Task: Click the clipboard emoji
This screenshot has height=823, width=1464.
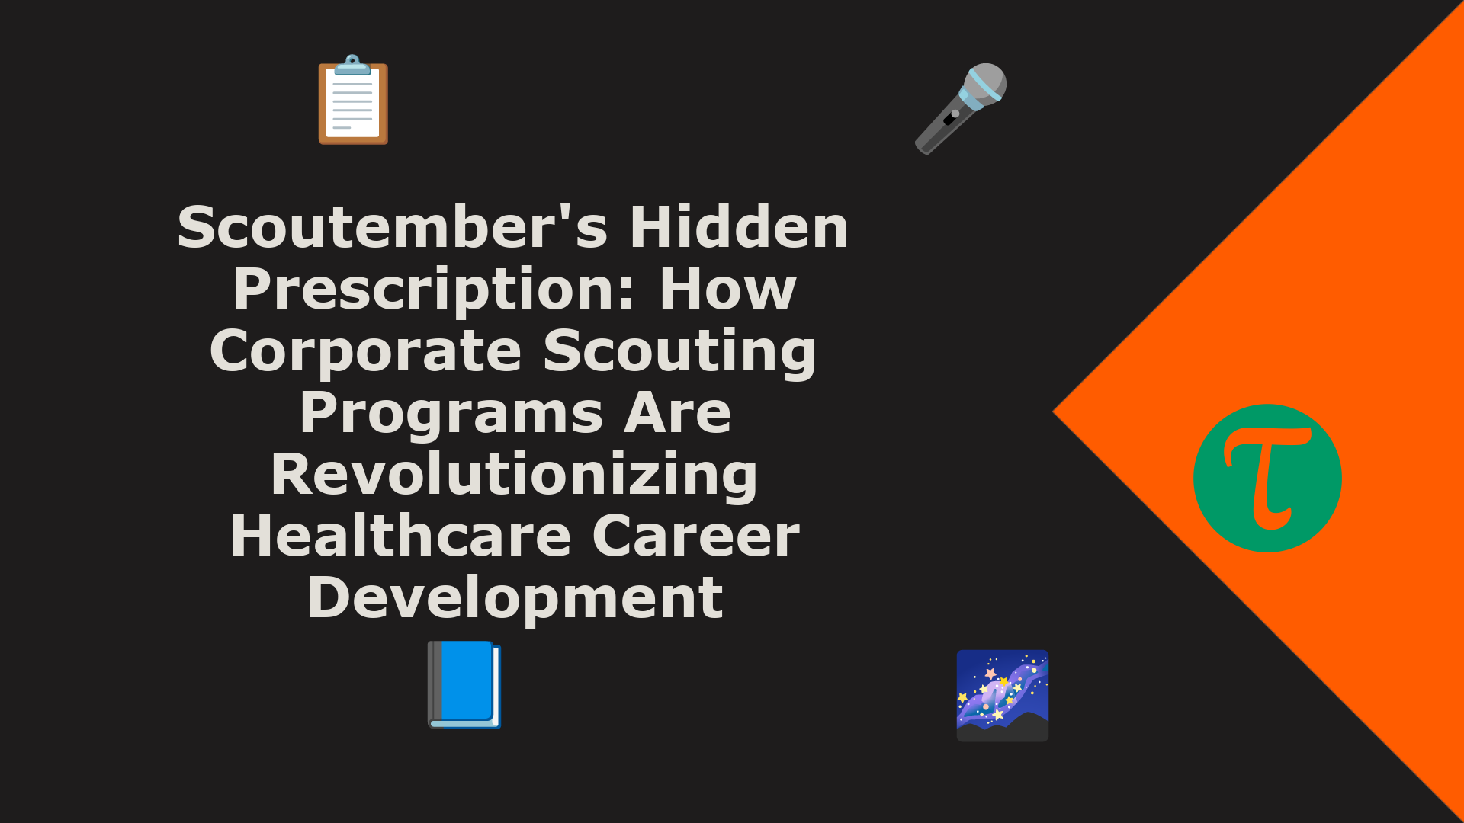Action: click(x=353, y=99)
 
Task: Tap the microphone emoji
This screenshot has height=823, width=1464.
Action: click(x=961, y=108)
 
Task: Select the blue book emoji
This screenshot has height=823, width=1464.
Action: click(x=464, y=684)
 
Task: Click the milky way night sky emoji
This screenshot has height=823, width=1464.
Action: click(x=1003, y=695)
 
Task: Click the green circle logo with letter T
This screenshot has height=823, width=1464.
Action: click(x=1267, y=478)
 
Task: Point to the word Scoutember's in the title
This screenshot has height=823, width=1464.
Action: click(x=393, y=227)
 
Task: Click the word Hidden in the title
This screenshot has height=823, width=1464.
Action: click(x=739, y=227)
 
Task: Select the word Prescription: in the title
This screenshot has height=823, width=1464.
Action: click(x=434, y=290)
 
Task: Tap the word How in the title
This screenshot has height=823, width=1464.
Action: click(x=728, y=290)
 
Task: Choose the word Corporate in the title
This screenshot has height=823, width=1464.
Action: click(x=365, y=351)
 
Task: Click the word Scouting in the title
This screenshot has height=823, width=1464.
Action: click(x=679, y=352)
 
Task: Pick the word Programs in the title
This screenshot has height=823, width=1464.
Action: click(x=451, y=414)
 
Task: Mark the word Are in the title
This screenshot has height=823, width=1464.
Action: click(x=678, y=413)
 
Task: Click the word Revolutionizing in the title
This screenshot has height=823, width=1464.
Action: click(x=515, y=476)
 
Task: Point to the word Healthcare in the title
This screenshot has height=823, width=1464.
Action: click(x=401, y=536)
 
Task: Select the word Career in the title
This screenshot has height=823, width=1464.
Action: click(x=696, y=536)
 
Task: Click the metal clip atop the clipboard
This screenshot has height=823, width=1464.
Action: click(x=353, y=65)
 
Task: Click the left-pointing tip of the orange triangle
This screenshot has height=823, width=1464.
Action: click(x=1053, y=411)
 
